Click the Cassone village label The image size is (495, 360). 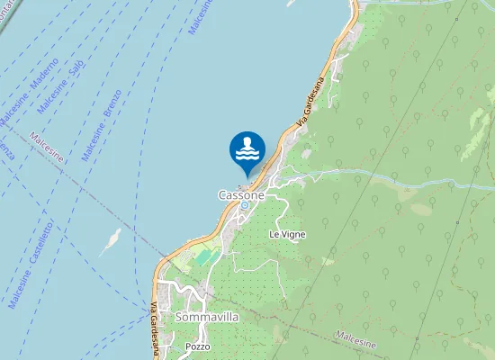[x=241, y=194]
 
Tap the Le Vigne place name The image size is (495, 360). [x=287, y=234]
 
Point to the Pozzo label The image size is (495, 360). [x=197, y=346]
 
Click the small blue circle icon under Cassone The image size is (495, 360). [x=244, y=205]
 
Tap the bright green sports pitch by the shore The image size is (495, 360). [x=207, y=257]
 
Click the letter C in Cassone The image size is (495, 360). [x=222, y=194]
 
